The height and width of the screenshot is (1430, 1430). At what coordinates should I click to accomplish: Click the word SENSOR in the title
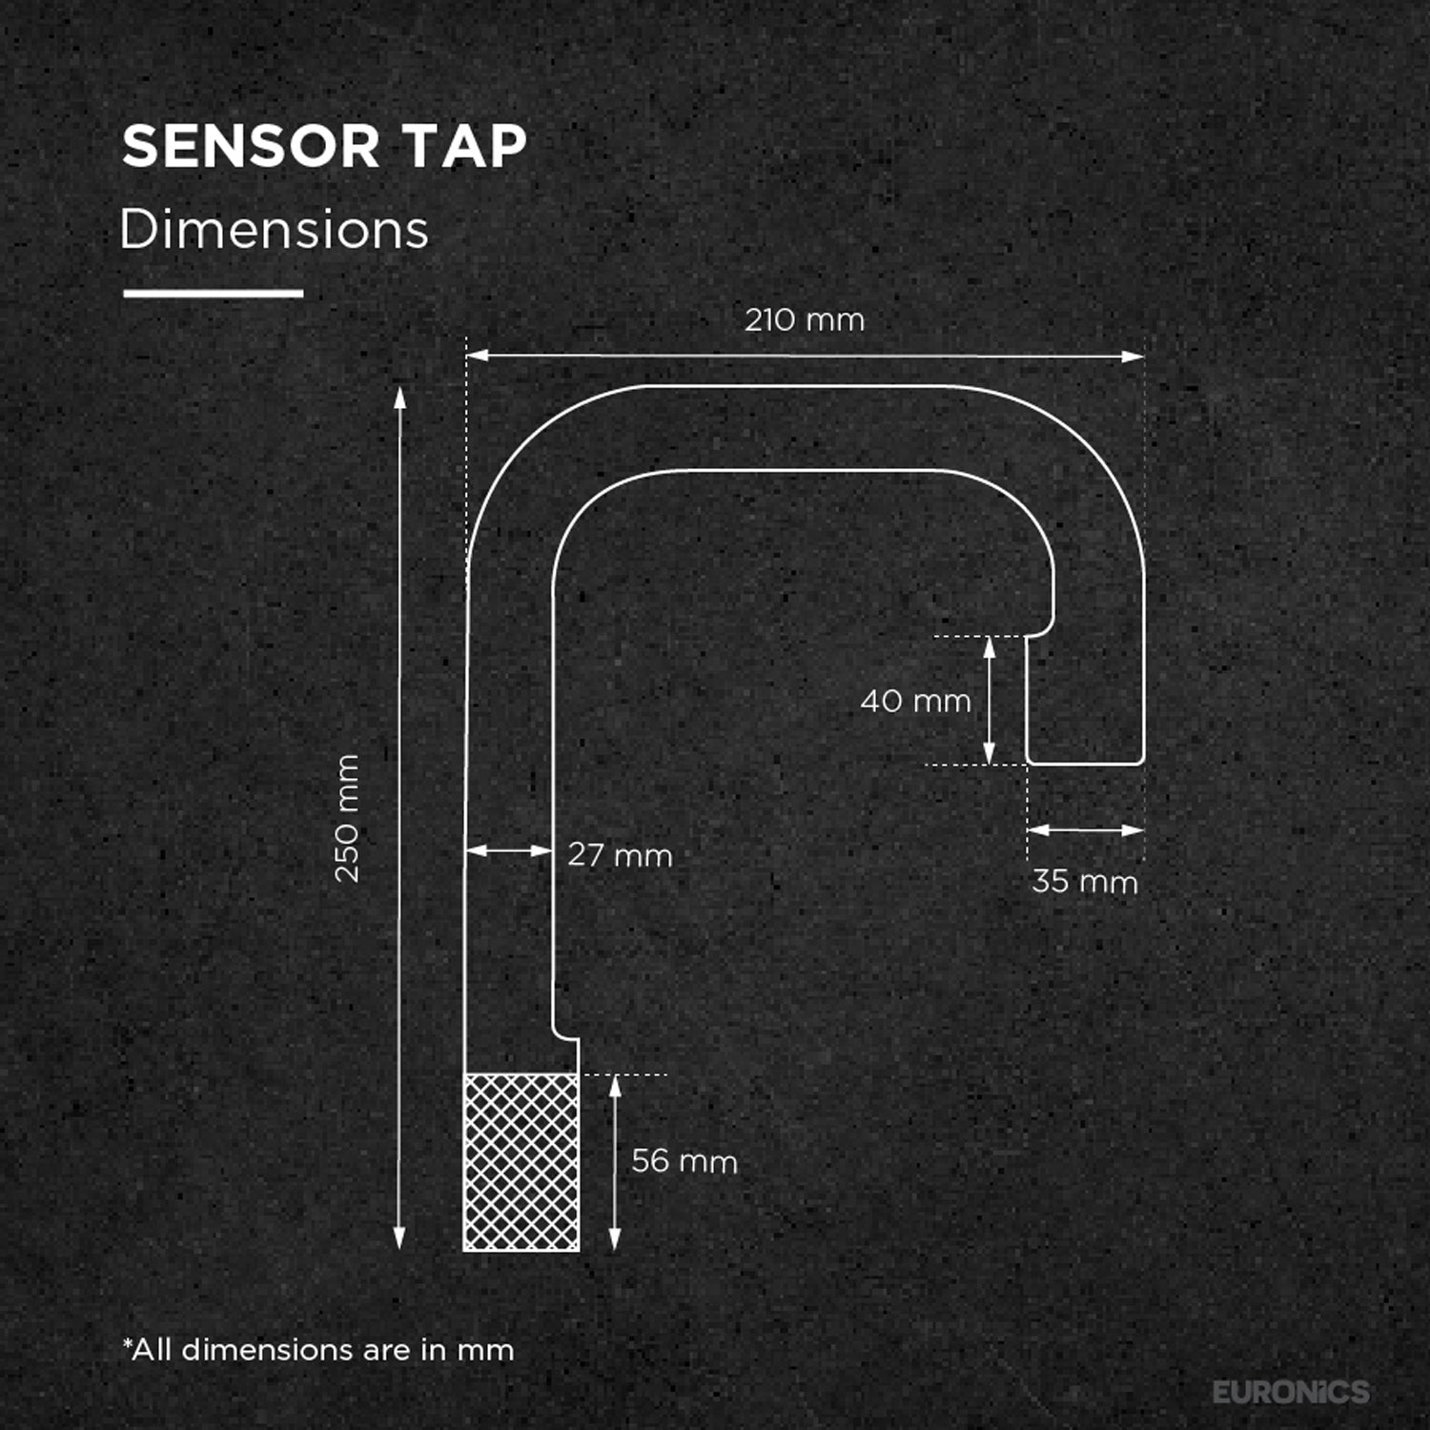tap(251, 146)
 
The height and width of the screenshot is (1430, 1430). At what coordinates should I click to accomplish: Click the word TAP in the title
tap(465, 146)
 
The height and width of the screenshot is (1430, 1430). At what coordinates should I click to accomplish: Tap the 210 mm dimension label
tap(805, 319)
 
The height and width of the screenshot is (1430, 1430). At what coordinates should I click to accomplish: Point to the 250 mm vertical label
tap(347, 818)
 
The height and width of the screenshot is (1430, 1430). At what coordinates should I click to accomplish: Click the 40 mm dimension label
tap(915, 701)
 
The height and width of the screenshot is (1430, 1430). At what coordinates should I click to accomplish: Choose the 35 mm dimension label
tap(1085, 881)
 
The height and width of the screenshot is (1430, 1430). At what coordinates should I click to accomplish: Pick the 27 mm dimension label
tap(620, 854)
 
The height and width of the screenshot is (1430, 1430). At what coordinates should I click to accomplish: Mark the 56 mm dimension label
tap(684, 1160)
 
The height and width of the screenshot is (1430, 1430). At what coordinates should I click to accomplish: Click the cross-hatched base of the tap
tap(521, 1162)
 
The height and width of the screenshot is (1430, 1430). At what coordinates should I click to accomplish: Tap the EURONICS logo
tap(1291, 1392)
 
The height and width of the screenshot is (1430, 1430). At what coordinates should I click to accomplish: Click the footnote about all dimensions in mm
tap(318, 1350)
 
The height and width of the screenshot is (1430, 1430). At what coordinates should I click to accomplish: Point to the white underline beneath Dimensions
tap(214, 294)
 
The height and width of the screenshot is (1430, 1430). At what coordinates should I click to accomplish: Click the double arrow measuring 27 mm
tap(509, 850)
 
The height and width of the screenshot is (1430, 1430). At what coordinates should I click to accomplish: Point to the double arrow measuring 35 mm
tap(1086, 830)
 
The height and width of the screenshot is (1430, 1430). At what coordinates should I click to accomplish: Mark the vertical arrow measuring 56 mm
tap(615, 1162)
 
